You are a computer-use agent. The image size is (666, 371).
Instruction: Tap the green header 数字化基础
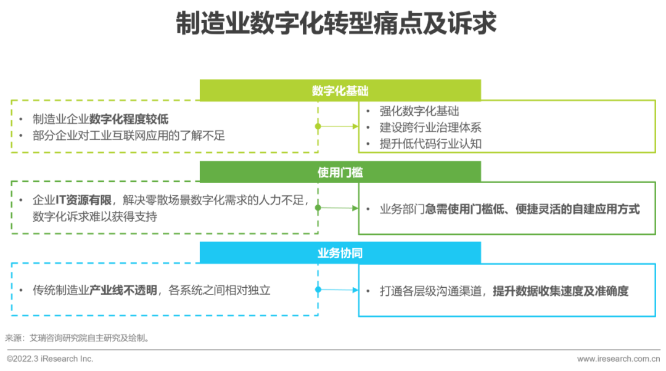(340, 91)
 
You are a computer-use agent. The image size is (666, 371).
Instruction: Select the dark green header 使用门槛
(340, 172)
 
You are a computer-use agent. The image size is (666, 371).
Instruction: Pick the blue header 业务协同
(340, 253)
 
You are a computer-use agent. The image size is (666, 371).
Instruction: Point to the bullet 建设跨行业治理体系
(430, 128)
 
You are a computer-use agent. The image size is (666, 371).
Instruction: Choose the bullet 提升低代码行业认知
(430, 144)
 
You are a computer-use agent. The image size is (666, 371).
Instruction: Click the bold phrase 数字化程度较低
(129, 120)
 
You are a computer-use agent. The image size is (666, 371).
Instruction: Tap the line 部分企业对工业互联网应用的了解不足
(129, 136)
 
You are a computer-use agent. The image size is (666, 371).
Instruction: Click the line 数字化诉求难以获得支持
(95, 216)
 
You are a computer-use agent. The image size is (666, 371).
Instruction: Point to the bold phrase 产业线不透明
(123, 290)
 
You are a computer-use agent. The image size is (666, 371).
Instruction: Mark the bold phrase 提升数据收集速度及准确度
(561, 290)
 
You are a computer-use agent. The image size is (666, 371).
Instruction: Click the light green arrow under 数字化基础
(338, 126)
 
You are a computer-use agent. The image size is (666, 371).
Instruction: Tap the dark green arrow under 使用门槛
(338, 208)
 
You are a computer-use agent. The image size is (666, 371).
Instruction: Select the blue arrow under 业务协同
(338, 290)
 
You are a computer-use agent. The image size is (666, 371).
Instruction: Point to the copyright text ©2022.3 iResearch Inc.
(50, 359)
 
